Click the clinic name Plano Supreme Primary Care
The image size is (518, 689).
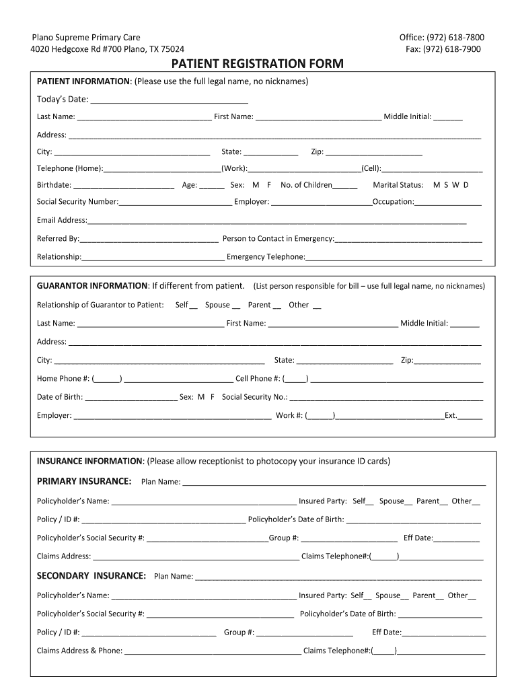[87, 38]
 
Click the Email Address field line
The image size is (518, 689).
[276, 221]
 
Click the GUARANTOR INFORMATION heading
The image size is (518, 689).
[92, 285]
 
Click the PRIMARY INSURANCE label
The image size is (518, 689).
[84, 481]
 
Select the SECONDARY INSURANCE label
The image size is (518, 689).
[91, 576]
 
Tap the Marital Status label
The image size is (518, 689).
[398, 185]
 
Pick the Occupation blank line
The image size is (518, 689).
[448, 203]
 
